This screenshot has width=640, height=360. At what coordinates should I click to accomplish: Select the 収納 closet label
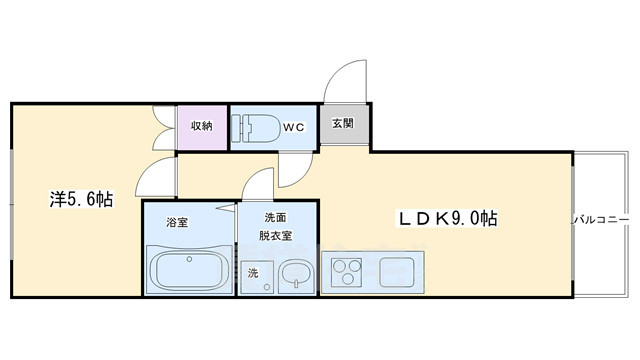click(x=202, y=126)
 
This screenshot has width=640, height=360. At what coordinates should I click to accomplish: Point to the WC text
click(x=292, y=127)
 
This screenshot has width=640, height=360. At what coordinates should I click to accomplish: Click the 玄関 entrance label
click(x=345, y=126)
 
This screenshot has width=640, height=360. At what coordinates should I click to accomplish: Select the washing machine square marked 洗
click(x=253, y=272)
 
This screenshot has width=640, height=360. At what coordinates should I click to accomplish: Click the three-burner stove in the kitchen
click(x=346, y=270)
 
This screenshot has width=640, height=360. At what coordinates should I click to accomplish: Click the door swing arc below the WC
click(x=295, y=168)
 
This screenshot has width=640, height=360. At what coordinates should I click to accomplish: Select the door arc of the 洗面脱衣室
click(x=258, y=185)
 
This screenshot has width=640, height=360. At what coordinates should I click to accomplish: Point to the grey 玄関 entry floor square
click(x=345, y=127)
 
